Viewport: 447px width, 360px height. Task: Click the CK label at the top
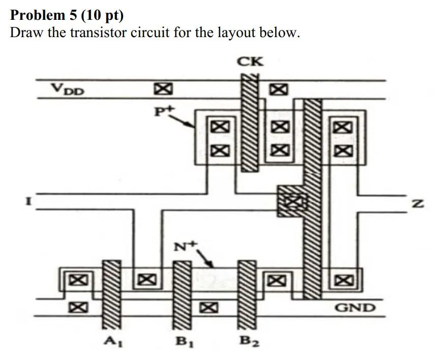click(251, 62)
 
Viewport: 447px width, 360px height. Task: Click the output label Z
click(418, 204)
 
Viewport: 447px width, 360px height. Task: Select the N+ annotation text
click(185, 248)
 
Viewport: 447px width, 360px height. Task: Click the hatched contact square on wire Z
click(292, 201)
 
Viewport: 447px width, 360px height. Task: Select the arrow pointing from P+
click(183, 121)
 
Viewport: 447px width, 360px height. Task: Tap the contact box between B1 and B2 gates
click(207, 307)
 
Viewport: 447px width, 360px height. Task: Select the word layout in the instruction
click(236, 34)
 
